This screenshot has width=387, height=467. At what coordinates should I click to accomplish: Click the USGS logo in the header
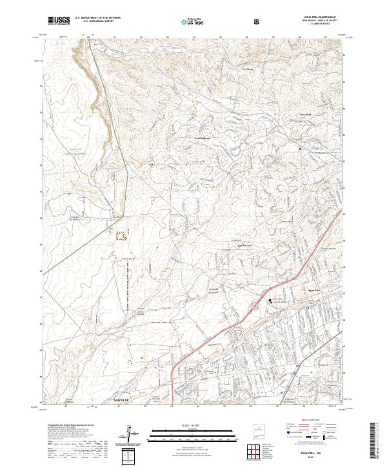59,21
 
